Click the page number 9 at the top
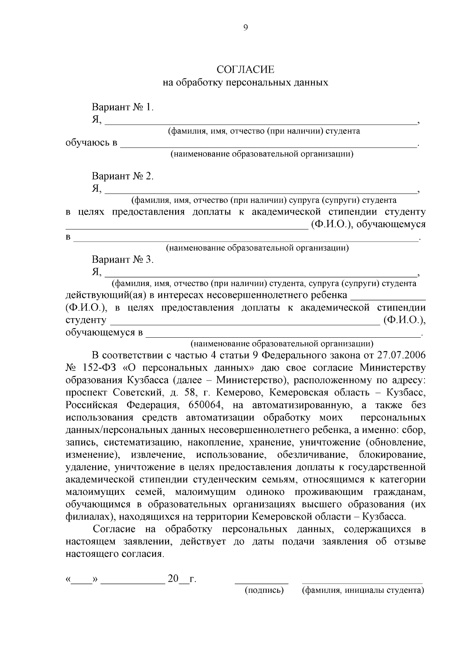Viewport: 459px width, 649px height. (x=245, y=27)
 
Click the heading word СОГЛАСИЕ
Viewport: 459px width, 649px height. (x=245, y=69)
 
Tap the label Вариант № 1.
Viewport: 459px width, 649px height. (x=122, y=107)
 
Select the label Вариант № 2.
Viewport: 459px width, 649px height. (x=122, y=176)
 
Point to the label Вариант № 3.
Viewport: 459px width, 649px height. (x=122, y=260)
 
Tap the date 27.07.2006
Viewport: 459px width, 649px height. (x=401, y=355)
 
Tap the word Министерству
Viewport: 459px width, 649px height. (x=392, y=368)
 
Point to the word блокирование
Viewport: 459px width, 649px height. (x=392, y=455)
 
